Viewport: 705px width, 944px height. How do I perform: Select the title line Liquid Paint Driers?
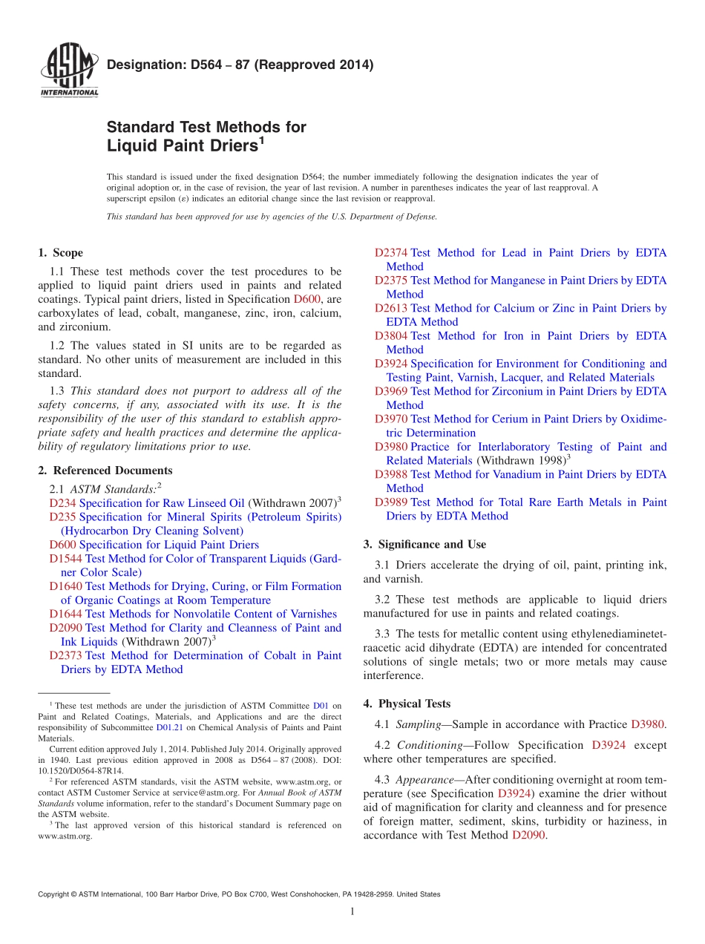tap(186, 145)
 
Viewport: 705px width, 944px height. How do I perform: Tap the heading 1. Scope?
tap(61, 253)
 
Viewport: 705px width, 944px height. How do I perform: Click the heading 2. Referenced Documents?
tap(105, 471)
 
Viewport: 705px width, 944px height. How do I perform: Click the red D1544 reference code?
tap(65, 558)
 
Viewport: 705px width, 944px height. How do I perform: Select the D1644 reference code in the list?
tap(65, 614)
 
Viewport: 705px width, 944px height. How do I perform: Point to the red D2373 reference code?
tap(65, 655)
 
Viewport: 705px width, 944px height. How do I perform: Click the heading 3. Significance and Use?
tap(424, 545)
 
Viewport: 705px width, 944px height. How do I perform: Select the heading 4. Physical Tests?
tap(407, 704)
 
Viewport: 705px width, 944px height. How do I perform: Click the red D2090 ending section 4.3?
tap(528, 835)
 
